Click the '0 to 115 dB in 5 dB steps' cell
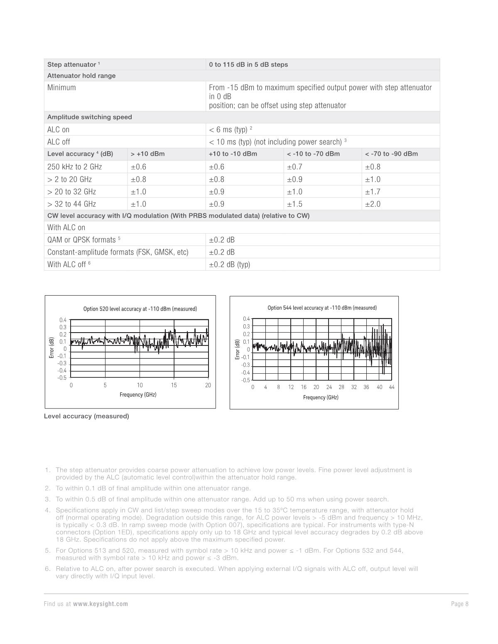pyautogui.click(x=248, y=65)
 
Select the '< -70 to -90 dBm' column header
pyautogui.click(x=391, y=154)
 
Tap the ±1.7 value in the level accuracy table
pyautogui.click(x=373, y=192)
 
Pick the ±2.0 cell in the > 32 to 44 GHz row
pyautogui.click(x=373, y=204)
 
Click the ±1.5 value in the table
pyautogui.click(x=294, y=204)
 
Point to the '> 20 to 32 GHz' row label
pyautogui.click(x=71, y=192)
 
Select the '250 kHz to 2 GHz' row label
pyautogui.click(x=74, y=167)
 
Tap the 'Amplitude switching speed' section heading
pyautogui.click(x=89, y=117)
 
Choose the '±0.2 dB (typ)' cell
pyautogui.click(x=229, y=264)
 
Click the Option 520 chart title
pyautogui.click(x=140, y=309)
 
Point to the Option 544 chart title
pyautogui.click(x=322, y=308)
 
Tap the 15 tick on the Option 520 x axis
pyautogui.click(x=174, y=385)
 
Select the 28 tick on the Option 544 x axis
pyautogui.click(x=341, y=387)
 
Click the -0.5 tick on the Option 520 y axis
pyautogui.click(x=61, y=378)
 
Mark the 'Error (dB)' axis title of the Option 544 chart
pyautogui.click(x=237, y=349)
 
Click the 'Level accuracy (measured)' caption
pyautogui.click(x=86, y=416)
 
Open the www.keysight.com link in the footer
pyautogui.click(x=101, y=604)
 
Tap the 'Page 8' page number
pyautogui.click(x=460, y=604)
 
